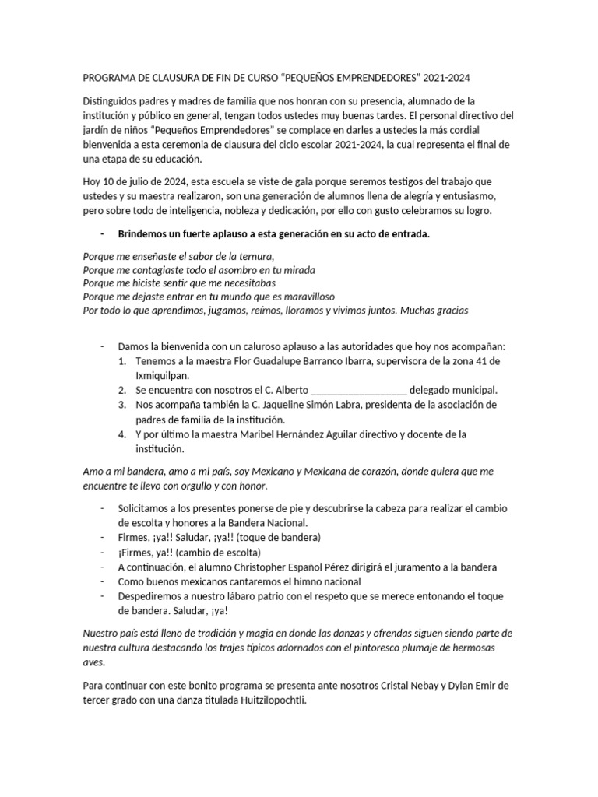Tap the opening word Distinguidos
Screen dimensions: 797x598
tap(114, 101)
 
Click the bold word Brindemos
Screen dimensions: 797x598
tap(144, 233)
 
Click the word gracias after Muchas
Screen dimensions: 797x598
tap(452, 311)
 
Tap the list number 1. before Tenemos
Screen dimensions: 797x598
tap(122, 362)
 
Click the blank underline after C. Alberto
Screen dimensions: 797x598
tap(358, 391)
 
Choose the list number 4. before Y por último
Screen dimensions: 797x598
tap(122, 434)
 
